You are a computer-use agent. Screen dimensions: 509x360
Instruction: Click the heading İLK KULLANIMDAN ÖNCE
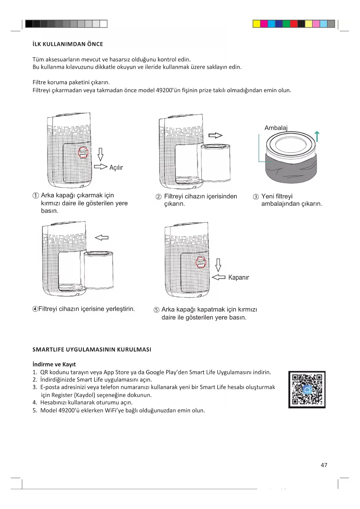tap(68, 44)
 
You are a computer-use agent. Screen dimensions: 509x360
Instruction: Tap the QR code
tap(307, 389)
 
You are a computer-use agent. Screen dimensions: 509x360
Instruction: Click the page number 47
tap(324, 465)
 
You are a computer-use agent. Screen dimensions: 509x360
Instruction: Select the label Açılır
tap(116, 167)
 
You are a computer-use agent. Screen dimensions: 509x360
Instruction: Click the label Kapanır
tap(238, 277)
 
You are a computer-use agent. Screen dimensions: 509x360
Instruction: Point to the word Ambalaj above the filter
tap(276, 128)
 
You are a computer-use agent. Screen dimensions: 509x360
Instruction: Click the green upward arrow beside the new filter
tap(317, 136)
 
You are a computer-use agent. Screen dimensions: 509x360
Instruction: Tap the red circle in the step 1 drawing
tap(83, 152)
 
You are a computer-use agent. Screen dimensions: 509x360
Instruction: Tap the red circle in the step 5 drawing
tap(201, 262)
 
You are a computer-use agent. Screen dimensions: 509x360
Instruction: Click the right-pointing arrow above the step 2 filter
tap(216, 135)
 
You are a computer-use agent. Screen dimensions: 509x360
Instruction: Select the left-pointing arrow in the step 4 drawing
tap(102, 238)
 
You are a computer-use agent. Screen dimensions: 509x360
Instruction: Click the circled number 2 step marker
tap(158, 197)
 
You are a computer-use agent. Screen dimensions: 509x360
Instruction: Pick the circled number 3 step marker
tap(256, 197)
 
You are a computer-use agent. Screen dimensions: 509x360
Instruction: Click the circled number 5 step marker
tap(156, 310)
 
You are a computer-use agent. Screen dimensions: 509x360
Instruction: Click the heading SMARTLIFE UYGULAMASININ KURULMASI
tap(92, 349)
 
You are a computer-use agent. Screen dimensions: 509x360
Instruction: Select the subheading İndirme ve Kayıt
tap(54, 364)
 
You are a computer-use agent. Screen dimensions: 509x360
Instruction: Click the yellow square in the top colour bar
tap(256, 24)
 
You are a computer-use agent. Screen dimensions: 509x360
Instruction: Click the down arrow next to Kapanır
tap(218, 265)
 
